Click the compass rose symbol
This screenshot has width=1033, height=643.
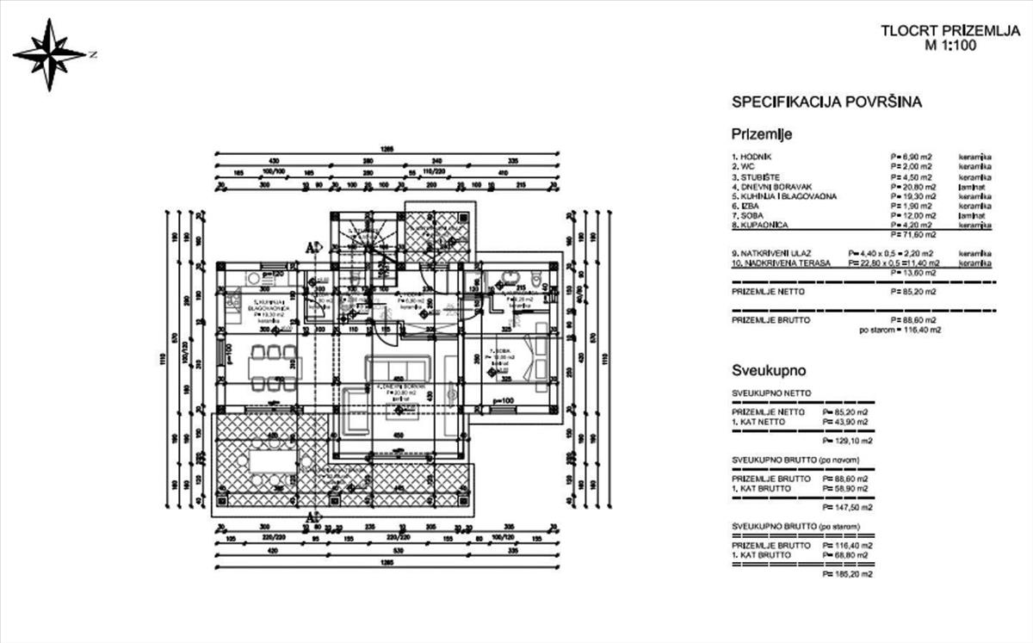pos(52,54)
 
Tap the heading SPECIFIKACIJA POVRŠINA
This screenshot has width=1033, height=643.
pos(826,102)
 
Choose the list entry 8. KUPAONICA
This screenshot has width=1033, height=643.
pos(764,225)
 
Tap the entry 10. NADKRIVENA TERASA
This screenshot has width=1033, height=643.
pos(782,263)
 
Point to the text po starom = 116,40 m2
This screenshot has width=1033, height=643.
pos(900,330)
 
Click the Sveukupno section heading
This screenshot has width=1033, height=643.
pos(769,372)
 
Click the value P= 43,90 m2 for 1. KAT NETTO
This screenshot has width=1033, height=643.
pos(848,421)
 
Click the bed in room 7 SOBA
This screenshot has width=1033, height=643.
pos(532,352)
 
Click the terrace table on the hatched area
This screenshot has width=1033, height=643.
pos(274,462)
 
